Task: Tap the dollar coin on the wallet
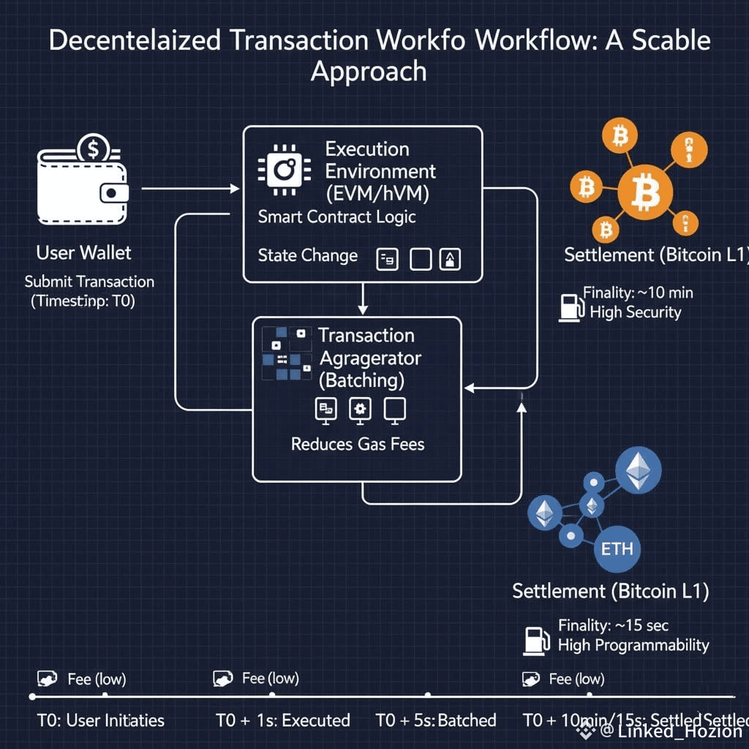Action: point(94,149)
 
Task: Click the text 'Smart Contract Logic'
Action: point(336,217)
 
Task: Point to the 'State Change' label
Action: point(307,255)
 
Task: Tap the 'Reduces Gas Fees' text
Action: point(358,444)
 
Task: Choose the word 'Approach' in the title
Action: point(369,72)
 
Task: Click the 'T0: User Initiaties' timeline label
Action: point(101,720)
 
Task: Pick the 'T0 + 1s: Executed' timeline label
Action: point(283,720)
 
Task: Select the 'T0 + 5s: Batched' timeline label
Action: point(436,720)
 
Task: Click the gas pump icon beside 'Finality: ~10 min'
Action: point(568,306)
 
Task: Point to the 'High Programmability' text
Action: point(633,645)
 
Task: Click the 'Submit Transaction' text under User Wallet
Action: point(89,282)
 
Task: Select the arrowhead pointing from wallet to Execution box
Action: point(235,189)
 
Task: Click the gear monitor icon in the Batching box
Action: point(359,410)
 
